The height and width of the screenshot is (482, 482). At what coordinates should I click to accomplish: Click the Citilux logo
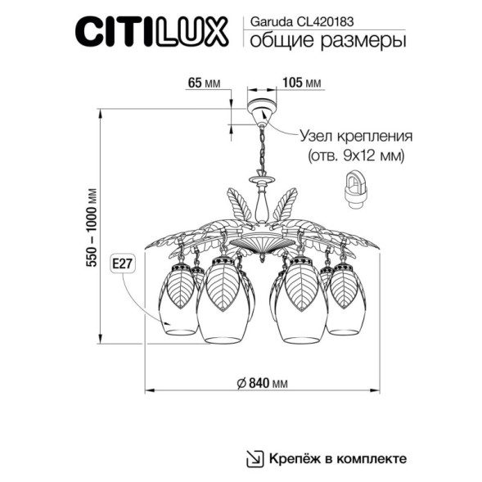pos(153,34)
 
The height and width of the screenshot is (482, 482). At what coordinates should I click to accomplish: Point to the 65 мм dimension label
pos(205,83)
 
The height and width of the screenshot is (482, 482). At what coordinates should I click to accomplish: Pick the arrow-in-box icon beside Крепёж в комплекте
pos(255,458)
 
